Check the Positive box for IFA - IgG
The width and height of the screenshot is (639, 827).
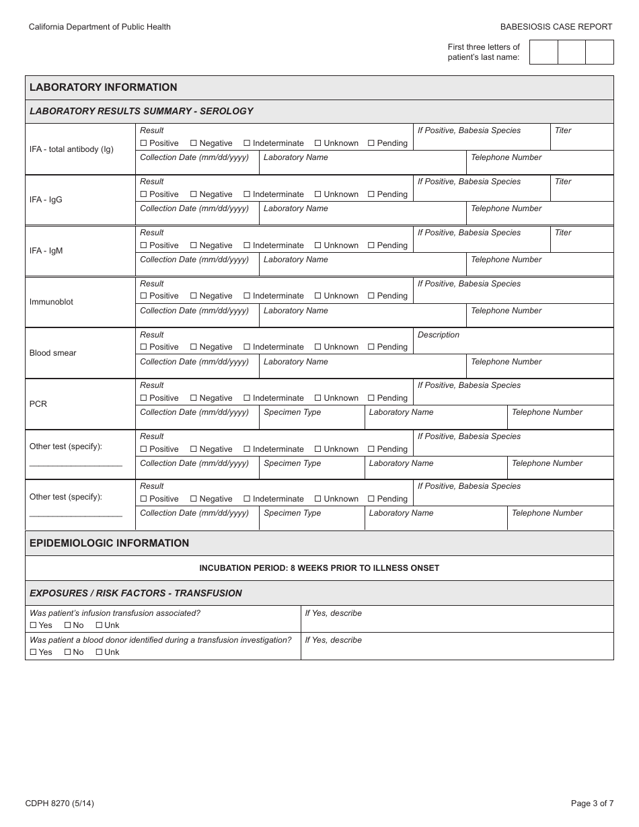point(143,194)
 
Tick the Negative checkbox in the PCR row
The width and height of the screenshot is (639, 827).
point(194,398)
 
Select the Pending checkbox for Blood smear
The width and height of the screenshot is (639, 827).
point(371,347)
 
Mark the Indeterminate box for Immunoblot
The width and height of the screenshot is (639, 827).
point(247,296)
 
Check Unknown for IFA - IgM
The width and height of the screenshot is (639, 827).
point(318,245)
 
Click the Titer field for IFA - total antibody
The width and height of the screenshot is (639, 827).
point(581,141)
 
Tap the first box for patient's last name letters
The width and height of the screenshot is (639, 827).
point(543,52)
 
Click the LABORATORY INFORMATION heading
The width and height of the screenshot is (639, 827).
point(104,87)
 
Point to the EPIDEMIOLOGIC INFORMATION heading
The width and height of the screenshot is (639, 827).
point(109,543)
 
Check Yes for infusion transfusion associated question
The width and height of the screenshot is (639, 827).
point(33,625)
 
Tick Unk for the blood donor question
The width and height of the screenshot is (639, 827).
point(99,652)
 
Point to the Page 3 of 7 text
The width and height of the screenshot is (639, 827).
point(591,803)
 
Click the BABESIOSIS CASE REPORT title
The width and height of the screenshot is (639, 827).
point(556,27)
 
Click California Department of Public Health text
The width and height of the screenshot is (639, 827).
point(100,27)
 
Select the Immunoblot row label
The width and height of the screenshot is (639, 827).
point(51,302)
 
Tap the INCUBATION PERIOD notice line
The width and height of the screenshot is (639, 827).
point(319,568)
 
